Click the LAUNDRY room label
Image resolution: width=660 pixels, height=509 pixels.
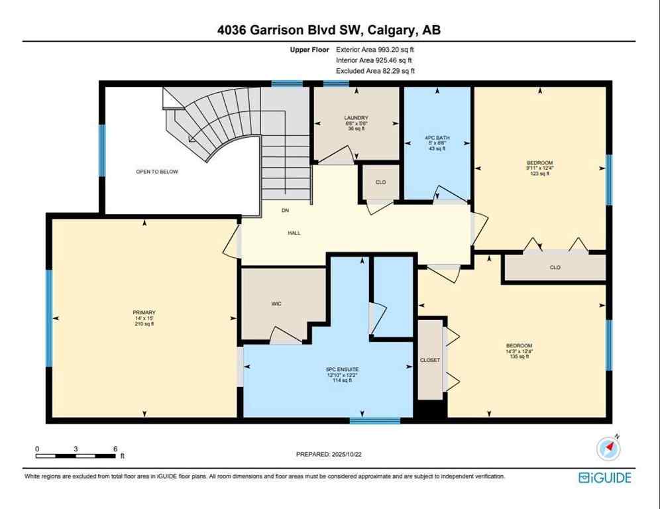coord(356,118)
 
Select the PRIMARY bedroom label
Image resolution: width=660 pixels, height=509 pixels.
coord(143,312)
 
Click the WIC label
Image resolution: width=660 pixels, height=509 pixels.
coord(276,304)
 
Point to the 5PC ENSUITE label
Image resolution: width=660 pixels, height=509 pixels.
coord(343,369)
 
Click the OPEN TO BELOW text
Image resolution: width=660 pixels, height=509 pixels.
coord(157,171)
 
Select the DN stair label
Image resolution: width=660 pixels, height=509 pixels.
coord(285,211)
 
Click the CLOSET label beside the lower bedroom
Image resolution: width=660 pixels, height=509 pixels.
coord(430,360)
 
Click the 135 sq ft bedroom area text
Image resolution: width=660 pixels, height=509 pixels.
coord(519,357)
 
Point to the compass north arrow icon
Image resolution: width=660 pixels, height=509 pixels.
coord(608,449)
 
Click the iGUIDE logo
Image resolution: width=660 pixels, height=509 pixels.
coord(604,477)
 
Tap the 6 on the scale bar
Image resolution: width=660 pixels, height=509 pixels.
coord(115,449)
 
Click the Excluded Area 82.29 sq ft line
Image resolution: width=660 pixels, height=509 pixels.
coord(376,70)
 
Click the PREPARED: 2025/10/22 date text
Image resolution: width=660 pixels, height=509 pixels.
coord(330,454)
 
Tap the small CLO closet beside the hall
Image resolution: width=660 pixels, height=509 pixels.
coord(380,182)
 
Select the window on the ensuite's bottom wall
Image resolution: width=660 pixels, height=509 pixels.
coord(375,420)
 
